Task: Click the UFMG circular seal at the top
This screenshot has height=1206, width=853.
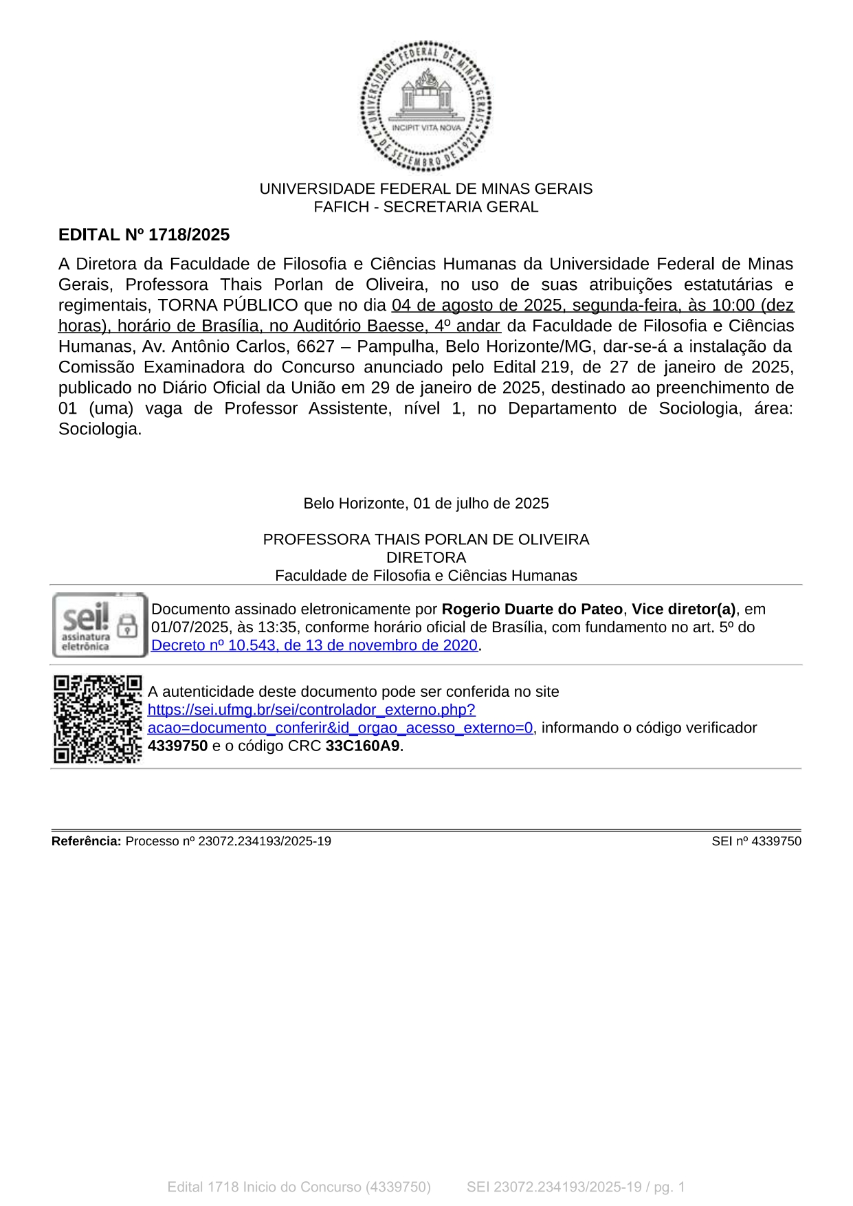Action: tap(425, 106)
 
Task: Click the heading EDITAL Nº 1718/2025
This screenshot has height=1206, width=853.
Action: tap(144, 235)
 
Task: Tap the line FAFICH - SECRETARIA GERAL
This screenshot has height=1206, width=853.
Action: tap(425, 207)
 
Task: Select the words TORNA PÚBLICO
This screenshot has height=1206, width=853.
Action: tap(228, 305)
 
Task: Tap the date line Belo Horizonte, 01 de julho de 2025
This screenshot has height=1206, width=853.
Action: tap(425, 504)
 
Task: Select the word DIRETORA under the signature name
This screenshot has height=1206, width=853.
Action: tap(425, 557)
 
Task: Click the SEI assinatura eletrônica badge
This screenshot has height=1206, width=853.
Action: tap(100, 625)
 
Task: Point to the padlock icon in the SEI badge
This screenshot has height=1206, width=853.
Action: tap(127, 625)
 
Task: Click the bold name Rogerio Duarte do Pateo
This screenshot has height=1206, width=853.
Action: tap(531, 610)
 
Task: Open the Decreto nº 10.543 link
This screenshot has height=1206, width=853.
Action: tap(314, 645)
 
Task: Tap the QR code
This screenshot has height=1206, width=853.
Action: tap(98, 719)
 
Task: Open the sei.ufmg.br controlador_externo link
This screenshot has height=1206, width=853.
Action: tap(311, 710)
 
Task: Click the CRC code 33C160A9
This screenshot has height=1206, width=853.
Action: tap(362, 746)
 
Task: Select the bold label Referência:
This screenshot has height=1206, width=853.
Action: tap(87, 841)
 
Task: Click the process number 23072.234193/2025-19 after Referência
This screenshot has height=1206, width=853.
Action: tap(265, 841)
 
